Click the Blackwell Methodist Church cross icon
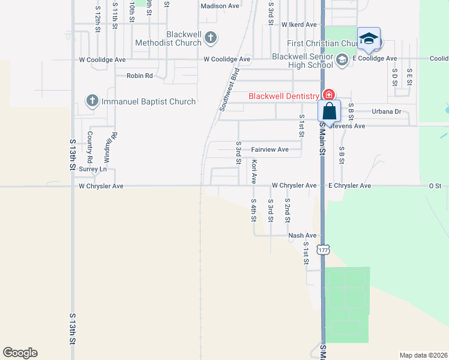click(x=210, y=38)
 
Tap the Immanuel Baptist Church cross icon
click(x=92, y=101)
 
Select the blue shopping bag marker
click(x=330, y=112)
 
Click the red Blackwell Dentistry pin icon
click(x=328, y=95)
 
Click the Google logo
click(x=20, y=353)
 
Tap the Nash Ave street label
click(x=302, y=236)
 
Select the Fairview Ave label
click(x=270, y=149)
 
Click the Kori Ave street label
click(x=255, y=171)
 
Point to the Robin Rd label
click(x=139, y=76)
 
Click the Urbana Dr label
click(x=386, y=112)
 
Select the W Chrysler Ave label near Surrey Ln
click(x=101, y=186)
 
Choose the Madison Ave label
click(x=220, y=6)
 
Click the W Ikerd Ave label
click(x=298, y=25)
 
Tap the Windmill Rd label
click(x=110, y=148)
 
